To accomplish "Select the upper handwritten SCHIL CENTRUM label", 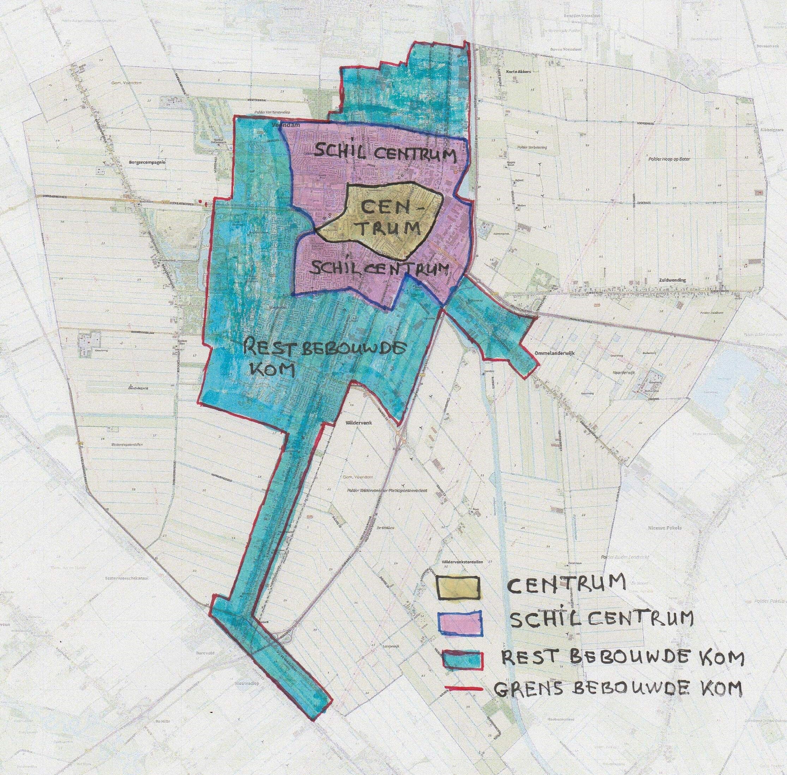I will point(384,154).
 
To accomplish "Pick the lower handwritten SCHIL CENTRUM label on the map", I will point(379,269).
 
